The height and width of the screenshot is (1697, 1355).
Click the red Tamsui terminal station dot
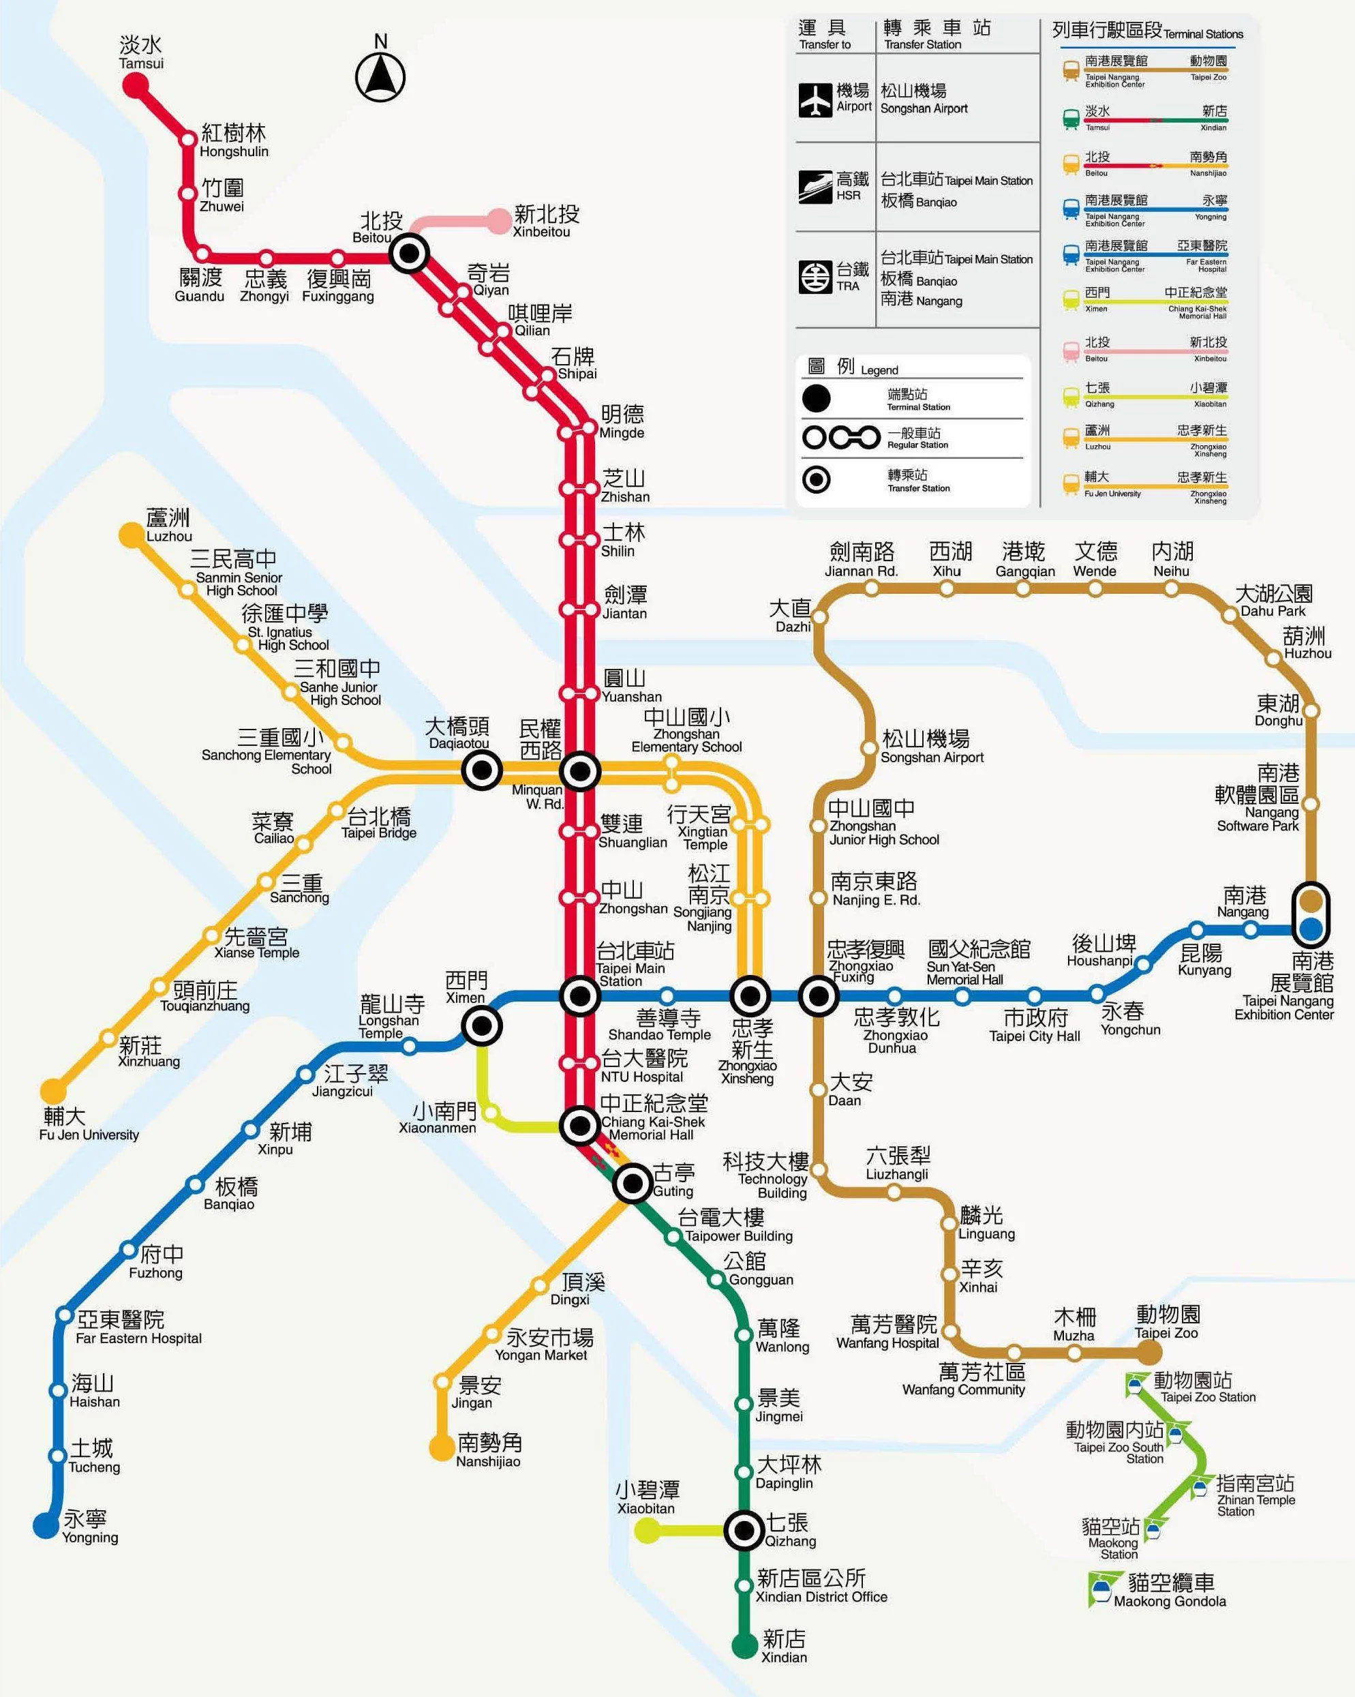[136, 85]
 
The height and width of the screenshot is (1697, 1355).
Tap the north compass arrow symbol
[380, 77]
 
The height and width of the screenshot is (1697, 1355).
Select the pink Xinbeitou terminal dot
[500, 221]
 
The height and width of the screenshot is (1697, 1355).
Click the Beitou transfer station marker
[409, 254]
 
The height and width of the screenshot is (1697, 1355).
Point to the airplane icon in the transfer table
[815, 100]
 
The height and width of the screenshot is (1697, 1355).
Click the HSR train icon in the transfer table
[815, 187]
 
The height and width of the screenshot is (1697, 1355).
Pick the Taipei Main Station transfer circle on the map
[580, 995]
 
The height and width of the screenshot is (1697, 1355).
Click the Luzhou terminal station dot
[131, 535]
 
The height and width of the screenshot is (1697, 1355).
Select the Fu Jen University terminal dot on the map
[54, 1091]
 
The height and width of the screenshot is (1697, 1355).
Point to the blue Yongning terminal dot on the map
[46, 1525]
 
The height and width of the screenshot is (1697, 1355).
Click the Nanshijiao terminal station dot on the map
[442, 1447]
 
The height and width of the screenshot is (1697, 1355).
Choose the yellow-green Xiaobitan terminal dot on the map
[647, 1529]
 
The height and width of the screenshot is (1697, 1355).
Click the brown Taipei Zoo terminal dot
[1149, 1352]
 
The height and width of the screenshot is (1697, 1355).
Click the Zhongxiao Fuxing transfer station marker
[819, 995]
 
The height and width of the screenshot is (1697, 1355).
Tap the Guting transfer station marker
[632, 1182]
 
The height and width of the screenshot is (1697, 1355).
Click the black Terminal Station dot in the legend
[816, 398]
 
